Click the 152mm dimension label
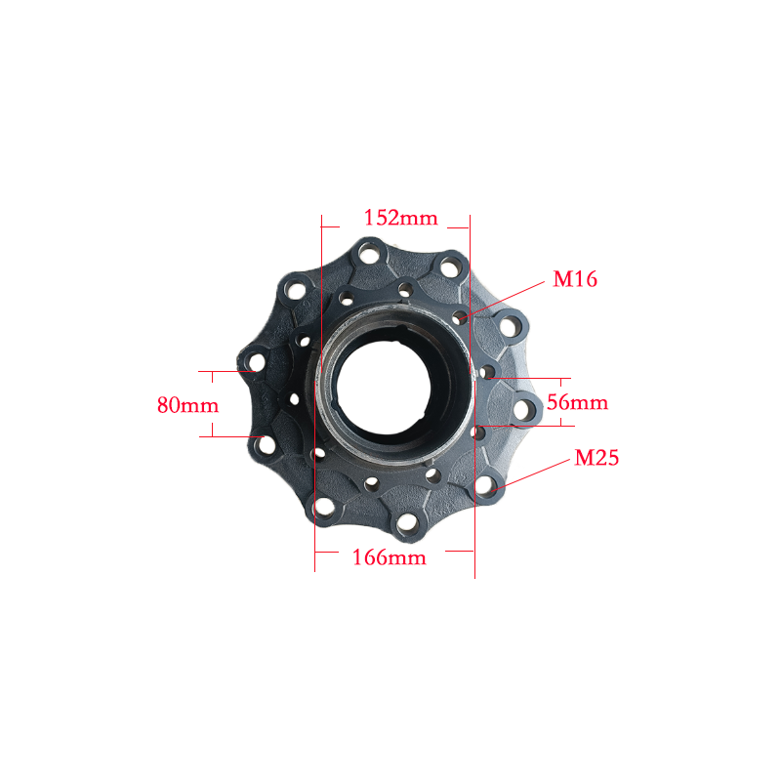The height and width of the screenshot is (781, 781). point(401,218)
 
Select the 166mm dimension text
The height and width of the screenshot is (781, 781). point(389,557)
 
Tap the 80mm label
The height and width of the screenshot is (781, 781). point(187,405)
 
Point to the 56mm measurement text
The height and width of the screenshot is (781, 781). point(577,402)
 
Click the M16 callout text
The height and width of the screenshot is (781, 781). point(575,279)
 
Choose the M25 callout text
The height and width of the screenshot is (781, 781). point(596,458)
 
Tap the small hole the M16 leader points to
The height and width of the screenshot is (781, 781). point(459,318)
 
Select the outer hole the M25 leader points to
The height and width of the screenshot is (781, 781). point(484,484)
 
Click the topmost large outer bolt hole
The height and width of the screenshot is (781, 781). point(369,254)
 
